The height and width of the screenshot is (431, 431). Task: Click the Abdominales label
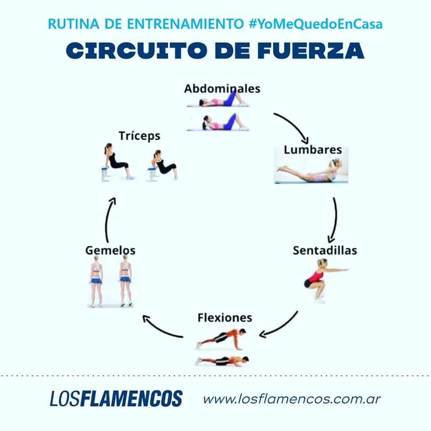(222, 88)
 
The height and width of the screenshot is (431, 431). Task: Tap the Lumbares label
(312, 150)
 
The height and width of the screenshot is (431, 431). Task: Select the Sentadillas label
(325, 250)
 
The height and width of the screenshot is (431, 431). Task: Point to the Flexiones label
(224, 317)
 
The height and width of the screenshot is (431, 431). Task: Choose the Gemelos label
(110, 250)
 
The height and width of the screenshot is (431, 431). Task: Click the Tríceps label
(139, 135)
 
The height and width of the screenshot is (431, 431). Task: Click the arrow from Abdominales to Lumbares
(294, 127)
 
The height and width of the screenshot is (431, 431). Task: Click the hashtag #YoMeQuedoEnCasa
(315, 24)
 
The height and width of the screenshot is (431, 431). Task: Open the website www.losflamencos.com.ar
(292, 398)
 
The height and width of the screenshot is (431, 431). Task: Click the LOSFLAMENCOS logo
(116, 398)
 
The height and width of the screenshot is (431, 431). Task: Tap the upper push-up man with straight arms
(222, 338)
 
